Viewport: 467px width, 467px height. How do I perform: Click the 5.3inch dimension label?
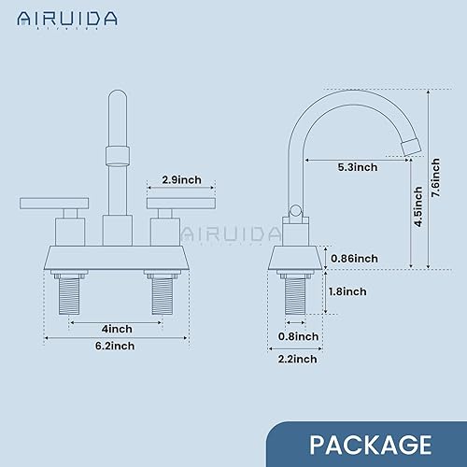[358, 168]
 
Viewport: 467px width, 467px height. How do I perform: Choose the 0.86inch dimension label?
[355, 258]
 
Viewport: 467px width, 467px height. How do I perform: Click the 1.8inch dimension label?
[348, 290]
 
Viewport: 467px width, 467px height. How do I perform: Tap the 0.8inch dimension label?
[300, 336]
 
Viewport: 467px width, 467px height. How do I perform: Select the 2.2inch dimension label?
[298, 359]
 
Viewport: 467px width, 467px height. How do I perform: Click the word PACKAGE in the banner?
[370, 442]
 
